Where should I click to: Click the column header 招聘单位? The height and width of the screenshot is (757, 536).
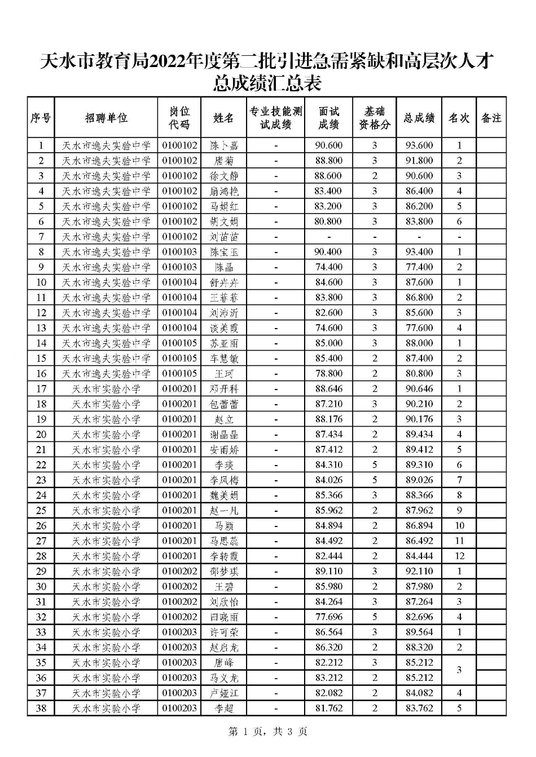(106, 118)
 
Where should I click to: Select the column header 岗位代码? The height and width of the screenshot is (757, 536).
(179, 118)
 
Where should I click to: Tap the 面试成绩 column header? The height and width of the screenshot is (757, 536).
(329, 118)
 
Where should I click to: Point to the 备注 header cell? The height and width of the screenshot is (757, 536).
(491, 118)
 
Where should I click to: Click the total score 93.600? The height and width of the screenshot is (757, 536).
(419, 145)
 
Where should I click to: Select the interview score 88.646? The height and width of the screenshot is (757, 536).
(329, 389)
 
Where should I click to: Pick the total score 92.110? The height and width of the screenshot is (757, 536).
(419, 572)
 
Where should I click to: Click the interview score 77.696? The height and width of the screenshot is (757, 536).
(329, 617)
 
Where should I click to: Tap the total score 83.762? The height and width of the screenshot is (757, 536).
(419, 709)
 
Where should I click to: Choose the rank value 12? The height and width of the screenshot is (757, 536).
(459, 556)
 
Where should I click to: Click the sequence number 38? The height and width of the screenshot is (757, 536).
(41, 709)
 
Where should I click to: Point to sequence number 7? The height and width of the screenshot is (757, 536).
(41, 237)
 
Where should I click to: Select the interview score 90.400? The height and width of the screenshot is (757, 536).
(329, 252)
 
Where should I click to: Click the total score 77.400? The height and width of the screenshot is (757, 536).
(419, 267)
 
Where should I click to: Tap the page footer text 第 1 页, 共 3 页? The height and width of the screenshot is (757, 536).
(268, 732)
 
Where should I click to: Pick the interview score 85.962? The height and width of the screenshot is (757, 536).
(329, 511)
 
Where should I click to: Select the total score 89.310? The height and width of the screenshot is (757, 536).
(419, 465)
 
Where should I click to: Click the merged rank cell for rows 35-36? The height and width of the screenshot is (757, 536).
(459, 670)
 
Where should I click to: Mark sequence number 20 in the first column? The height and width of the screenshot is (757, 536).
(41, 435)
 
